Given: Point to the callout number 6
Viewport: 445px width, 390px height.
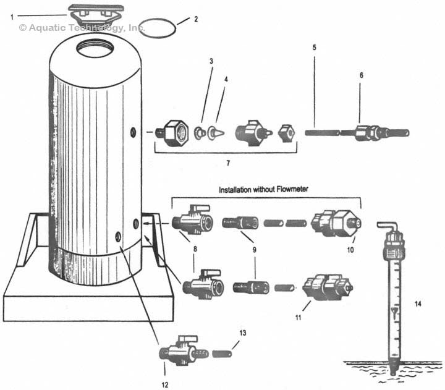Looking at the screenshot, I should click(362, 75).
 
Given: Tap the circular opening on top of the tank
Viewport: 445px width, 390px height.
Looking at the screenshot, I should click(91, 47).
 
